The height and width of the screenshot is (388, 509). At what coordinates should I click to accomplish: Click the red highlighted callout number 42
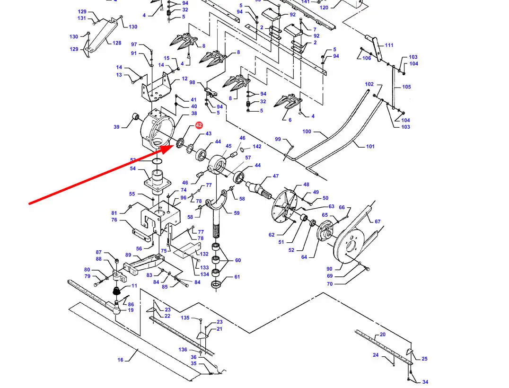[199, 125]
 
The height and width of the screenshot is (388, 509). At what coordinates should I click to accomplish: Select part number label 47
[276, 176]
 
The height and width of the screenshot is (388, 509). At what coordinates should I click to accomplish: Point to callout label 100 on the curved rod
[307, 132]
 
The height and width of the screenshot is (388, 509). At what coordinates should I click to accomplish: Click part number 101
[370, 146]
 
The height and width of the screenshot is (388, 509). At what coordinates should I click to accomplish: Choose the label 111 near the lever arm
[389, 45]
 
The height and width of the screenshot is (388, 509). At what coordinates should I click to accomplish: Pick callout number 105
[406, 87]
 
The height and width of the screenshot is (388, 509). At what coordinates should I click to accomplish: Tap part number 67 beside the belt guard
[377, 221]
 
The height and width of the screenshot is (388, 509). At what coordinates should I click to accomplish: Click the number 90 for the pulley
[329, 269]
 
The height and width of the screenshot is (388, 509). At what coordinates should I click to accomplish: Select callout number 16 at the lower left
[121, 360]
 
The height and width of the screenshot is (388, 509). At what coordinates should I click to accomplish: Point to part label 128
[117, 43]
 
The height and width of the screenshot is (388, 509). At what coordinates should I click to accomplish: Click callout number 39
[116, 127]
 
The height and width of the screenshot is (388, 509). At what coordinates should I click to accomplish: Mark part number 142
[257, 147]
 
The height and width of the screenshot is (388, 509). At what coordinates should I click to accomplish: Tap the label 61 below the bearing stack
[237, 277]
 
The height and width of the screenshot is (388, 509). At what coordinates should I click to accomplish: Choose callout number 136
[183, 350]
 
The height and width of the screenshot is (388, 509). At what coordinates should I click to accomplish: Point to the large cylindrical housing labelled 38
[156, 128]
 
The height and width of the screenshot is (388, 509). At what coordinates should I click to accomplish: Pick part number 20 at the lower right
[382, 335]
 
